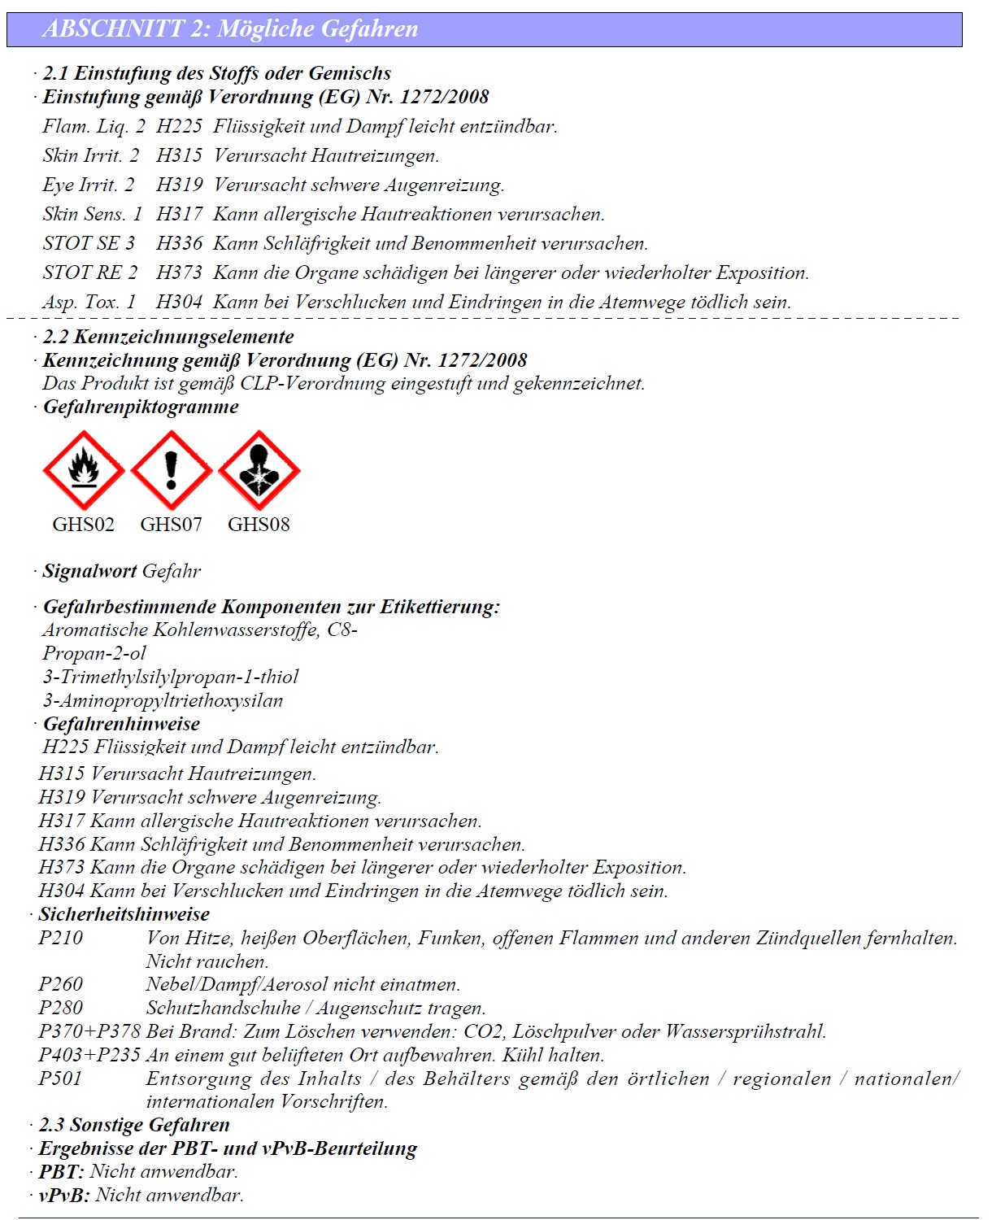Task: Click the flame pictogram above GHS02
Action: tap(83, 470)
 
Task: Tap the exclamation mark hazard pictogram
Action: tap(171, 470)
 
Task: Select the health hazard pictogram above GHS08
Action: tap(259, 470)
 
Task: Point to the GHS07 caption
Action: tap(171, 525)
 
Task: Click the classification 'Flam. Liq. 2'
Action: tap(94, 127)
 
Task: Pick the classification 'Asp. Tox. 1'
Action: tap(89, 303)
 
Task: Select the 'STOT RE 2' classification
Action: tap(90, 273)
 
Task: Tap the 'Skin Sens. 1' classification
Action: tap(92, 215)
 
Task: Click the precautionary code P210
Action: tap(61, 939)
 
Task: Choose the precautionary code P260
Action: tap(61, 985)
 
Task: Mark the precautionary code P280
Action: tap(61, 1009)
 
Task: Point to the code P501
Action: tap(61, 1079)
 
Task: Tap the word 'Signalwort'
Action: tap(89, 572)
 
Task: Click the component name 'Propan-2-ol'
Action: tap(94, 654)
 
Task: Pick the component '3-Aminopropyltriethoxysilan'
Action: tap(163, 701)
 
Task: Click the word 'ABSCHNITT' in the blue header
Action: tap(114, 29)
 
